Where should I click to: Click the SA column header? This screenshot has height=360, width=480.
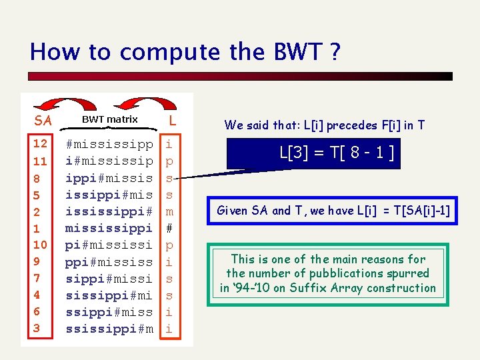pyautogui.click(x=43, y=121)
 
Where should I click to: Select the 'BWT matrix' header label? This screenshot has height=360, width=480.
pyautogui.click(x=110, y=119)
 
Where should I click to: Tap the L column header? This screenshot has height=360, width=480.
pyautogui.click(x=172, y=120)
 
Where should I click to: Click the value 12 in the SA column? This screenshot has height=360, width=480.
pyautogui.click(x=40, y=143)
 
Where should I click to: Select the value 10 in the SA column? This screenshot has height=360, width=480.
pyautogui.click(x=40, y=245)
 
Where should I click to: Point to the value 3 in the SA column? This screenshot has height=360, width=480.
pyautogui.click(x=37, y=328)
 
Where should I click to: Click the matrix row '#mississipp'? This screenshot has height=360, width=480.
pyautogui.click(x=109, y=144)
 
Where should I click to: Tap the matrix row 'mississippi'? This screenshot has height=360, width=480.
pyautogui.click(x=109, y=228)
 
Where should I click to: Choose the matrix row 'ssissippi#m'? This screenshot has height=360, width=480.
pyautogui.click(x=109, y=329)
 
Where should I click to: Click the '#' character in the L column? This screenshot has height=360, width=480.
pyautogui.click(x=169, y=228)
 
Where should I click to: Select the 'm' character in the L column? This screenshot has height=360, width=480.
pyautogui.click(x=169, y=211)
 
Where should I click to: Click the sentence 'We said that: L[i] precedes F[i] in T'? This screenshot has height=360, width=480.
pyautogui.click(x=325, y=125)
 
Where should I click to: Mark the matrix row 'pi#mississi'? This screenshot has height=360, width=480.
pyautogui.click(x=109, y=245)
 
